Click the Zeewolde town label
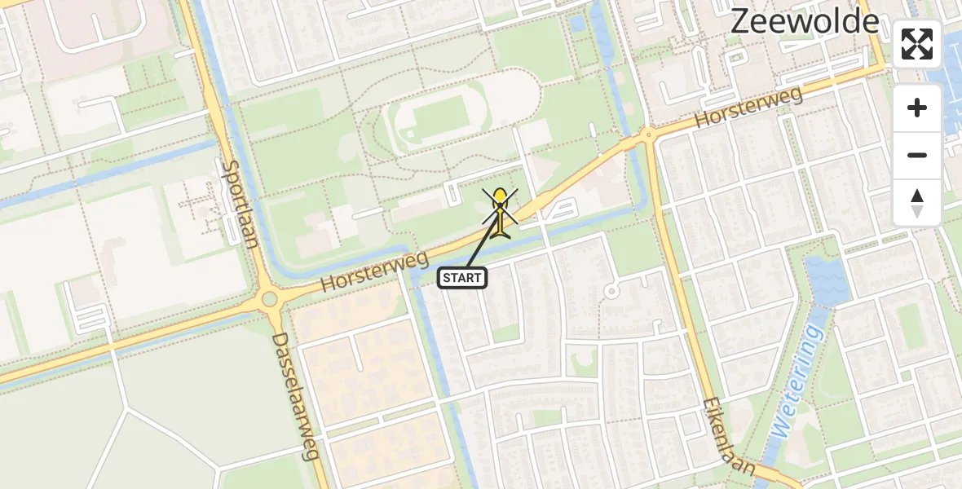[805, 21]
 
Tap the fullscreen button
[917, 44]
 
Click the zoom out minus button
[917, 155]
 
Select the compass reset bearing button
[917, 202]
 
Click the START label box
[463, 278]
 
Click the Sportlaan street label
[239, 201]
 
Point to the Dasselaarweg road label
[294, 395]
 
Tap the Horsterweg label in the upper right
[749, 108]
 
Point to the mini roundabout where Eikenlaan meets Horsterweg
[648, 134]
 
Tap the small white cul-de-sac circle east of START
[611, 291]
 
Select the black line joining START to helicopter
[483, 244]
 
